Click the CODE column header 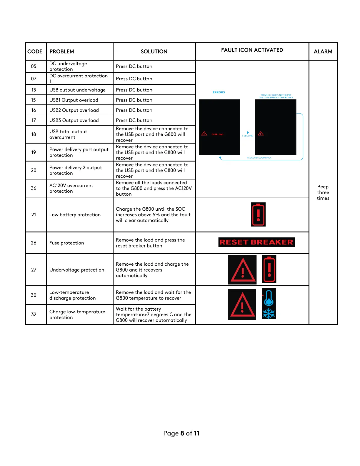tap(35, 51)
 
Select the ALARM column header tap(323, 51)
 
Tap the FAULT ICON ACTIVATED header tap(252, 50)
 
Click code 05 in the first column tap(34, 66)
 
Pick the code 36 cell tap(34, 188)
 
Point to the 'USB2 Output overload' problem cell tap(74, 110)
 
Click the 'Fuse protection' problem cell tap(67, 243)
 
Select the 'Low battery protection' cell tap(75, 215)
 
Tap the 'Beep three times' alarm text tap(323, 192)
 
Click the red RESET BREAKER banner tap(256, 242)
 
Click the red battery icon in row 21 tap(258, 214)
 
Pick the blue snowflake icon tap(269, 314)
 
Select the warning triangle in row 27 tap(242, 270)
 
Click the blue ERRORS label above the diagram tap(219, 92)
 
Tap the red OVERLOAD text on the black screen tap(217, 134)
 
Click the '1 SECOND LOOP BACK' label tap(259, 158)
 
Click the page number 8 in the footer tap(182, 433)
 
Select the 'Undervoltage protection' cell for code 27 tap(77, 270)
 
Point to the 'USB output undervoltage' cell tap(77, 90)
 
